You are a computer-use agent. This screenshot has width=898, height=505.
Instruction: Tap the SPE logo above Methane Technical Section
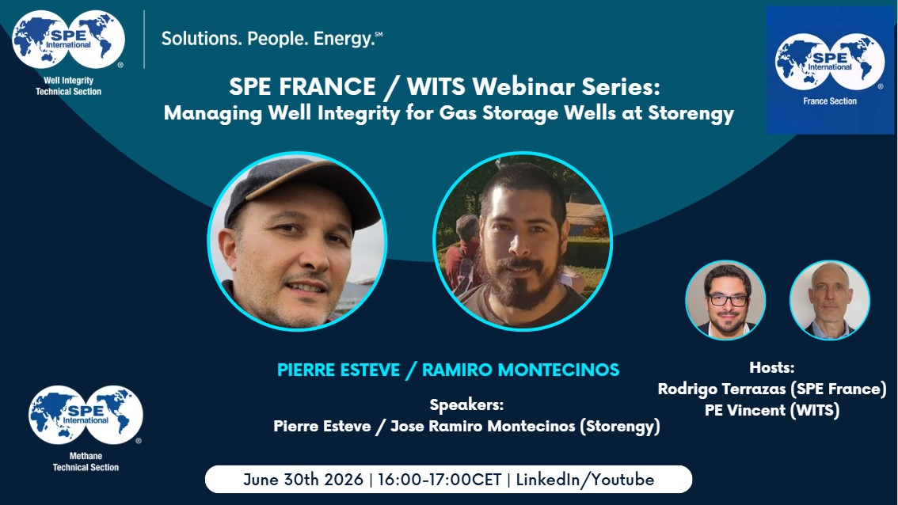click(x=86, y=415)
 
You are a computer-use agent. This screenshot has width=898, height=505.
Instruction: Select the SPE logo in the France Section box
click(x=830, y=62)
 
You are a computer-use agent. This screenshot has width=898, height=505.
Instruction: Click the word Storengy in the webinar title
click(x=691, y=113)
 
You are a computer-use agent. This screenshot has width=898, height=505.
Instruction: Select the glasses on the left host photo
click(x=727, y=299)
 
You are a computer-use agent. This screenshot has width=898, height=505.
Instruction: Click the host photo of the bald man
click(x=830, y=300)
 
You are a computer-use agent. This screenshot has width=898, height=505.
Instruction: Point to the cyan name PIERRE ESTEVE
click(x=338, y=370)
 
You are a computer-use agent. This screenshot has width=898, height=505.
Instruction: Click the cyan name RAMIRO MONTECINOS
click(x=520, y=370)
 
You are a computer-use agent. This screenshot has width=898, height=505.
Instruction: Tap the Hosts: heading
click(x=771, y=367)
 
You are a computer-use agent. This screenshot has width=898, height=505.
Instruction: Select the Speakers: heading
click(x=466, y=404)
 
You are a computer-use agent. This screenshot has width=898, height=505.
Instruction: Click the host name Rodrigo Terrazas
click(x=721, y=389)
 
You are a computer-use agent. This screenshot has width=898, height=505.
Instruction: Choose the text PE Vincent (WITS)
click(x=771, y=411)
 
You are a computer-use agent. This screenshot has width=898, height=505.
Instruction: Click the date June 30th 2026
click(x=303, y=479)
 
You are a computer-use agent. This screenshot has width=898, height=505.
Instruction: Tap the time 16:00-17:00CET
click(x=439, y=479)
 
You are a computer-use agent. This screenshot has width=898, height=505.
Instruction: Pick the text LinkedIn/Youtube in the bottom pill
click(x=584, y=479)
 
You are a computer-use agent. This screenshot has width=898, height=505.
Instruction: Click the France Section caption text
click(x=830, y=101)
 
